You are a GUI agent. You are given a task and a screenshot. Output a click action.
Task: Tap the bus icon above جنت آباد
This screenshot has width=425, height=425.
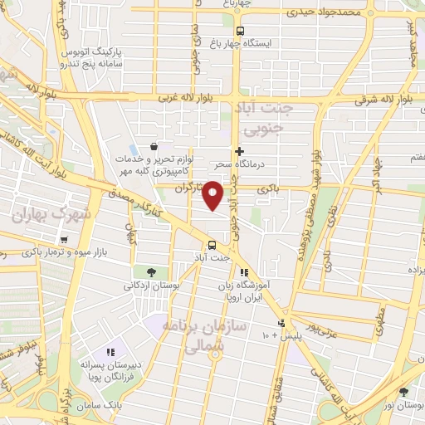point(212,244)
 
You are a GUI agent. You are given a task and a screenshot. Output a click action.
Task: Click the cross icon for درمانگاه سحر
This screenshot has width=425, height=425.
point(240,151)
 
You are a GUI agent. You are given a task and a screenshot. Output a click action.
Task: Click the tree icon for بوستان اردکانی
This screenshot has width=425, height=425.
point(150,271)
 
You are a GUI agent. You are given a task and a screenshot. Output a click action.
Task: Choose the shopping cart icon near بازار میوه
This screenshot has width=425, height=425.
point(63,240)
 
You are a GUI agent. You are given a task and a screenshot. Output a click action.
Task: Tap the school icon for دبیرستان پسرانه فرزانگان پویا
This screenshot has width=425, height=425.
point(111,351)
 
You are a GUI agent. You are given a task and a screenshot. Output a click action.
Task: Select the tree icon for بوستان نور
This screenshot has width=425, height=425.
point(403,393)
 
